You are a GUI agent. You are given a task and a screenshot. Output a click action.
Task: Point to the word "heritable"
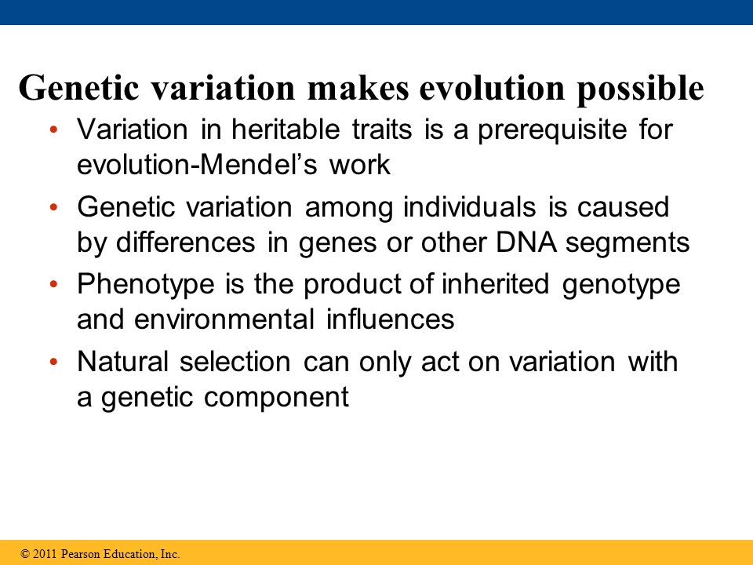[x=286, y=129]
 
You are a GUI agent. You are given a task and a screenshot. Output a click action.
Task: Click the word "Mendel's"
[x=259, y=165]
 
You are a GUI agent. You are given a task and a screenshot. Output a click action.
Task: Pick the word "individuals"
[x=470, y=207]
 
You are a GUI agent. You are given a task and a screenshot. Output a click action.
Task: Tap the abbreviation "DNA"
[x=526, y=242]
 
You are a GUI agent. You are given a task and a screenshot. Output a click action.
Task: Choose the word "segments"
[x=627, y=243]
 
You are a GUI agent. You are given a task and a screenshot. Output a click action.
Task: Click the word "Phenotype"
[x=146, y=285]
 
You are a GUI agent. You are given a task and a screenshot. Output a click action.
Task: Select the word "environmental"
[x=224, y=319]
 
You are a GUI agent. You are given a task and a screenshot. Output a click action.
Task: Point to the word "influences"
[x=390, y=319]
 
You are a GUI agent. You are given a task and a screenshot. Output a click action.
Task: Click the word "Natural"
[x=122, y=361]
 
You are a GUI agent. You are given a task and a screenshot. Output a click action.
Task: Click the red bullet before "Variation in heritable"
[x=54, y=129]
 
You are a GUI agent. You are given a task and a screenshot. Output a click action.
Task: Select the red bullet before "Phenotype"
[x=54, y=284]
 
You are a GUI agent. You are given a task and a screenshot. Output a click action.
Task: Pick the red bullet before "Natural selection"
[x=54, y=361]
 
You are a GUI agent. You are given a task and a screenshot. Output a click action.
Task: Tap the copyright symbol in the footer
[x=25, y=554]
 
